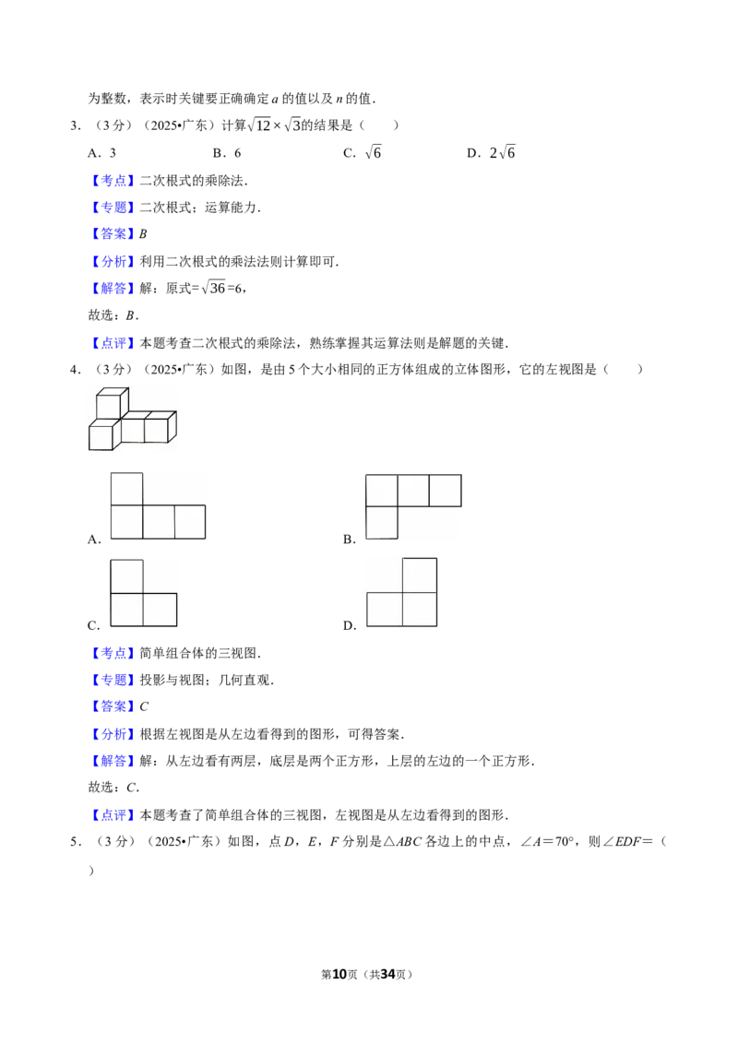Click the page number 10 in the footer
pos(339,974)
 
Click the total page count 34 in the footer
pos(388,974)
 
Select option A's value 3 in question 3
pos(113,153)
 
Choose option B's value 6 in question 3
pos(238,153)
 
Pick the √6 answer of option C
pos(373,152)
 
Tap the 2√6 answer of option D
pos(502,152)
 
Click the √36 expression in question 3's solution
pos(213,288)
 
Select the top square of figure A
pos(126,490)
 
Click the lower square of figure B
pos(382,523)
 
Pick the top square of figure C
pos(126,576)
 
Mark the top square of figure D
pos(420,575)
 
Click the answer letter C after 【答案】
pos(144,706)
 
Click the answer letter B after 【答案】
pos(143,233)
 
